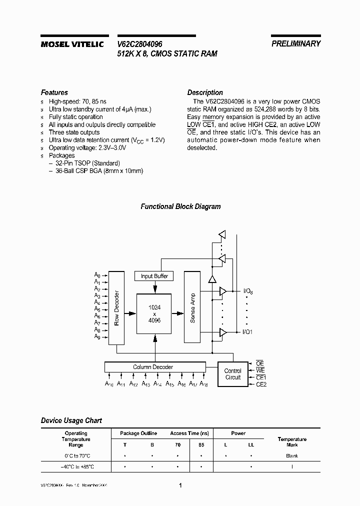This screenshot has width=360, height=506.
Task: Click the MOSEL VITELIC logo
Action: (x=72, y=44)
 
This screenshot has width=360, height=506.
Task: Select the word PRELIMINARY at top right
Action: (x=296, y=44)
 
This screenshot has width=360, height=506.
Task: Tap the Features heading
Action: (x=54, y=92)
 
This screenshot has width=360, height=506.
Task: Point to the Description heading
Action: (x=205, y=92)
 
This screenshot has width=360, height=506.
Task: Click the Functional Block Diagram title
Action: (x=180, y=206)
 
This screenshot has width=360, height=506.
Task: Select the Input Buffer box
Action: (x=154, y=276)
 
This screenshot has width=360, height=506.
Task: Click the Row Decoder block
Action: (x=116, y=308)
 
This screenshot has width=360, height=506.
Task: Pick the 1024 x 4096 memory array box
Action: (x=154, y=313)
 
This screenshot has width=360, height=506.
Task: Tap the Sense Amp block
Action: (x=192, y=307)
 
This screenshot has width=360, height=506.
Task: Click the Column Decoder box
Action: (x=153, y=367)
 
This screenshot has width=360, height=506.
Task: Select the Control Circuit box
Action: (x=232, y=374)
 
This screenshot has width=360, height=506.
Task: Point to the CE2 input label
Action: (x=261, y=384)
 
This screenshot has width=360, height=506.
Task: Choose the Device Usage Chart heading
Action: (x=71, y=420)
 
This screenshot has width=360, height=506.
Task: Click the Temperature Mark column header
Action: (x=292, y=442)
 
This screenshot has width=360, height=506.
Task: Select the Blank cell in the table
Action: (x=292, y=456)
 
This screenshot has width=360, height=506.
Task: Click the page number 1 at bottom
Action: (x=180, y=485)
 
